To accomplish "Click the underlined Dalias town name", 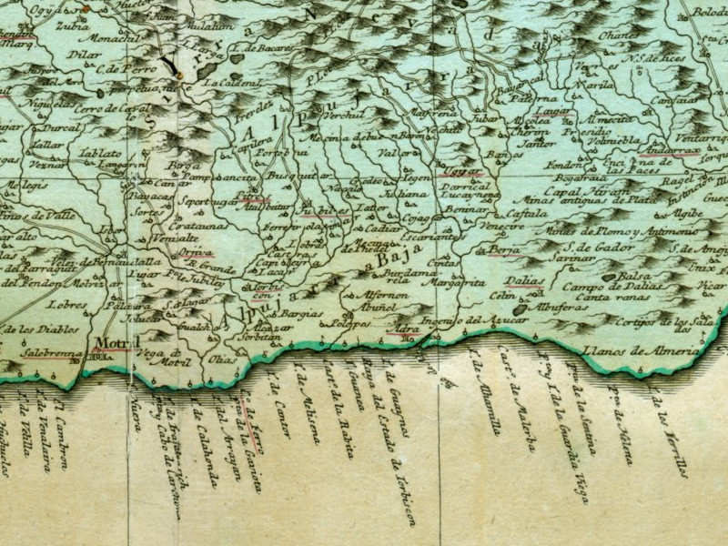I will point(525,281).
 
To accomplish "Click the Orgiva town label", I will point(197,254).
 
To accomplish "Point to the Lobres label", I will point(70,306).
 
